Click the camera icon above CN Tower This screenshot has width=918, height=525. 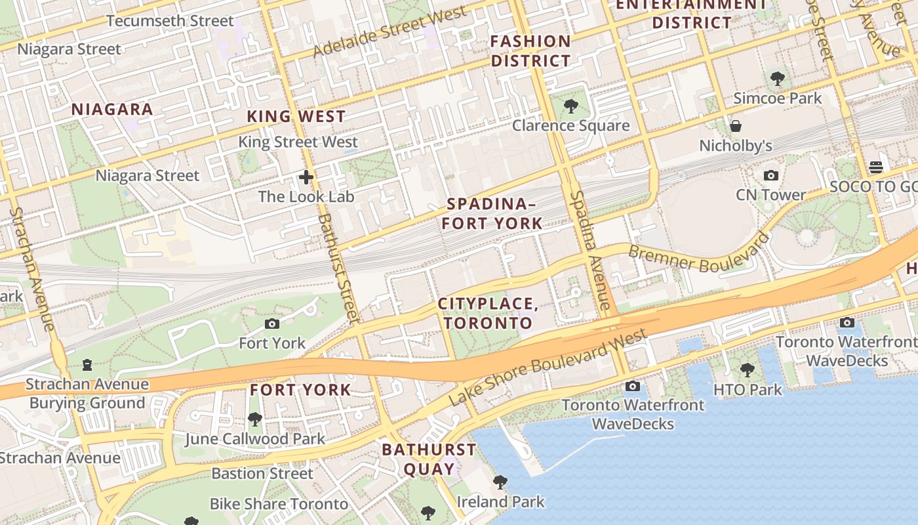pyautogui.click(x=771, y=175)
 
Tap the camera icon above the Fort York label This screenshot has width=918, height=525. pyautogui.click(x=272, y=324)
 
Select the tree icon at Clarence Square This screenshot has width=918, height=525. pyautogui.click(x=570, y=106)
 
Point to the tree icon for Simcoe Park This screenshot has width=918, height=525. pyautogui.click(x=778, y=79)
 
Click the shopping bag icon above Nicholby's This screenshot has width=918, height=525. pyautogui.click(x=736, y=126)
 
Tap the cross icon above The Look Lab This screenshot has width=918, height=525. pyautogui.click(x=306, y=177)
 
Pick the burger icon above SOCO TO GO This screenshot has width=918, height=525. pyautogui.click(x=876, y=167)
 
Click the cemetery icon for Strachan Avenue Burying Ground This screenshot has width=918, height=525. pyautogui.click(x=87, y=365)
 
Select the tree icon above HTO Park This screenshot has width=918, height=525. pyautogui.click(x=748, y=370)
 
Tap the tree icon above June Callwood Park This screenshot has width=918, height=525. pyautogui.click(x=255, y=419)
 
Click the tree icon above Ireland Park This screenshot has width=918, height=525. pyautogui.click(x=500, y=482)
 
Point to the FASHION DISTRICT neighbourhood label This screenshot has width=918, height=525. pyautogui.click(x=530, y=51)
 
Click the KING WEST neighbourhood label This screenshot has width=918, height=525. pyautogui.click(x=296, y=117)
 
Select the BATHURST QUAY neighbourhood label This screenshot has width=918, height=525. pyautogui.click(x=429, y=459)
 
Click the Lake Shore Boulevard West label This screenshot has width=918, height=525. pyautogui.click(x=548, y=367)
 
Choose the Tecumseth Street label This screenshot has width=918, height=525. pyautogui.click(x=170, y=21)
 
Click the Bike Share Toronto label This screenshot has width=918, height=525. pyautogui.click(x=279, y=504)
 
